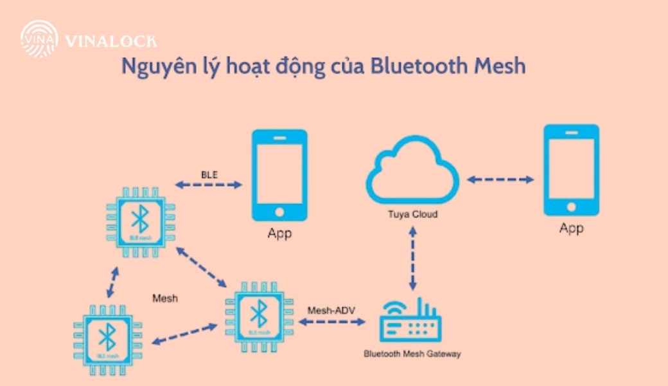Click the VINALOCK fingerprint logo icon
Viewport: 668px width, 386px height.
pyautogui.click(x=40, y=39)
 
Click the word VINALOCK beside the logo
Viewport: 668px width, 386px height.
pyautogui.click(x=110, y=42)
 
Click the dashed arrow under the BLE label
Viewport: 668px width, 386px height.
pyautogui.click(x=209, y=185)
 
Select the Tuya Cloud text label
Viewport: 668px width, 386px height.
pyautogui.click(x=412, y=214)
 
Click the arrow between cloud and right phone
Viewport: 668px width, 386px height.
pyautogui.click(x=500, y=180)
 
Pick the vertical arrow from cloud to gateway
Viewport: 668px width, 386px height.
pyautogui.click(x=412, y=257)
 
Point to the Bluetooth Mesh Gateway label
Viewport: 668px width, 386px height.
pyautogui.click(x=412, y=354)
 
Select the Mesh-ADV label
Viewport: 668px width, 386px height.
pyautogui.click(x=331, y=310)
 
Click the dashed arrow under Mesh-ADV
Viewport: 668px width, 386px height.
pyautogui.click(x=331, y=320)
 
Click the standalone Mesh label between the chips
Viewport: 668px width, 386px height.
pyautogui.click(x=165, y=299)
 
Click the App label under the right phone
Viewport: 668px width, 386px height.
pyautogui.click(x=571, y=228)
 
